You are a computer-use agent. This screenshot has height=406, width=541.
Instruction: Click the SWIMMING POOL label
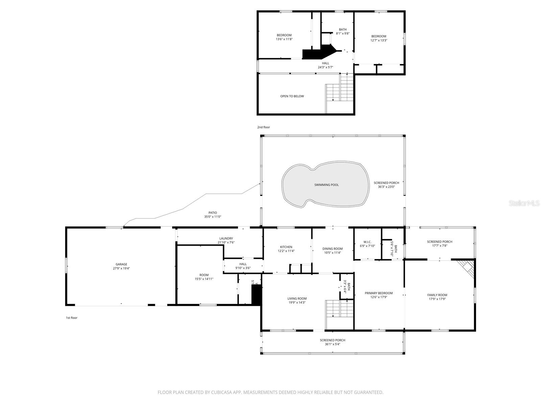pos(326,185)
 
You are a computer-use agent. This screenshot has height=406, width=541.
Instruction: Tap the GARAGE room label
pos(121,264)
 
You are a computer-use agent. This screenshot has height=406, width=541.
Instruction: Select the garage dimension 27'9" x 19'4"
pos(121,268)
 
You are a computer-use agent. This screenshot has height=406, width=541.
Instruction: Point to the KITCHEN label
pos(286,247)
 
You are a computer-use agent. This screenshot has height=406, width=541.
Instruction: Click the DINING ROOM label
pos(332,249)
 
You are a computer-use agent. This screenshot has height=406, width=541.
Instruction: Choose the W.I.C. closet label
pos(367,242)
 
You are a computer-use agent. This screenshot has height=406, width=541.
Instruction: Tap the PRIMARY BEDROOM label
pos(379,293)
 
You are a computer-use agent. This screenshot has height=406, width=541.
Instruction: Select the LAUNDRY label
pos(226,239)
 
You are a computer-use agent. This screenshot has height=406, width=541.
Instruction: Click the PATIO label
pos(213,213)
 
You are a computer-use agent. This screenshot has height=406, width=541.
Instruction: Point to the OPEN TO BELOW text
pos(292,96)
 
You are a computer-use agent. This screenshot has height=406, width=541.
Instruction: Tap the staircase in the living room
pos(339,309)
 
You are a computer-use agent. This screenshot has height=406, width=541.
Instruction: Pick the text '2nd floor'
pos(263,127)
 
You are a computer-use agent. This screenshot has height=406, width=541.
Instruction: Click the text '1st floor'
pos(71,318)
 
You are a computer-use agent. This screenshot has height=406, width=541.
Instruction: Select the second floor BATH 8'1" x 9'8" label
pos(343,31)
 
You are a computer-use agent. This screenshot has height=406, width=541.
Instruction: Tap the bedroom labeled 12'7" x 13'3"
pos(379,38)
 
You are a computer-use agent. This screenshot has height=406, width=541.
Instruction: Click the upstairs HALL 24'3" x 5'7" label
pos(325,65)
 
